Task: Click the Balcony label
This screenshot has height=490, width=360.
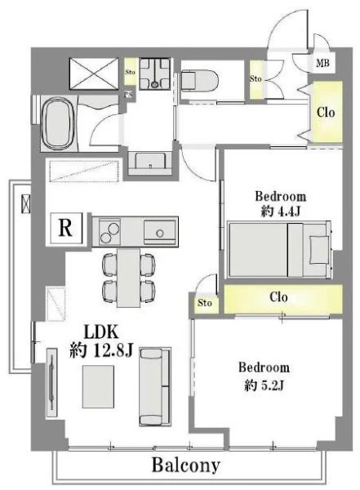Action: (x=186, y=465)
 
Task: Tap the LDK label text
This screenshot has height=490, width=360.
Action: (x=101, y=332)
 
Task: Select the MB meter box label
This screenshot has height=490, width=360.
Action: (x=322, y=64)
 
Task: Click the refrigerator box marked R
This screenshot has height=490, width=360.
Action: (x=65, y=228)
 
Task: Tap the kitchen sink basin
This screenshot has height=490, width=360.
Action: (x=159, y=232)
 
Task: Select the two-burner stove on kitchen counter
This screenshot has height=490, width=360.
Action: (x=109, y=232)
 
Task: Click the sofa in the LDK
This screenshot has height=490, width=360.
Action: (x=155, y=386)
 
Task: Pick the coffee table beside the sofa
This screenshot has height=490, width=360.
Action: (x=98, y=386)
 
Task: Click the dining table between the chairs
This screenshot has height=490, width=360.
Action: (x=128, y=278)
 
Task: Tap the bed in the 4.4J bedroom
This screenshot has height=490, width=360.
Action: (x=280, y=250)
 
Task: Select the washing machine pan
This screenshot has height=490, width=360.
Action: (x=154, y=73)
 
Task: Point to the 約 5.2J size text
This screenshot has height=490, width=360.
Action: (x=264, y=385)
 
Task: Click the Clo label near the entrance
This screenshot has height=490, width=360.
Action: (x=326, y=112)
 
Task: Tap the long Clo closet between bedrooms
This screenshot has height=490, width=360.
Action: (x=283, y=298)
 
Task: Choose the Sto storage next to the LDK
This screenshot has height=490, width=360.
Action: (x=205, y=302)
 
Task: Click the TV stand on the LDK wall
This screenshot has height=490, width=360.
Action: (x=52, y=382)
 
